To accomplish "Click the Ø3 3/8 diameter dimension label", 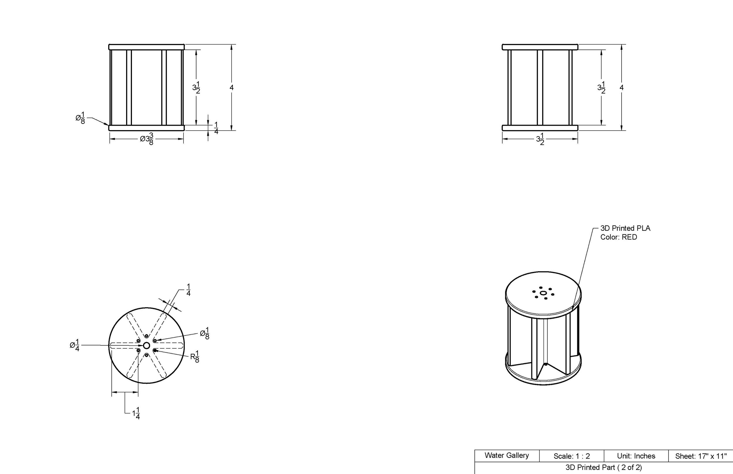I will click(x=147, y=139).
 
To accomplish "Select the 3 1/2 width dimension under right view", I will click(x=540, y=139).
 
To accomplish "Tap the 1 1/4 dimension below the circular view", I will click(x=136, y=413).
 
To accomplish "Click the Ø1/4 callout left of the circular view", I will click(x=75, y=345).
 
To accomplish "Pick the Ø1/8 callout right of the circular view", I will click(x=204, y=333).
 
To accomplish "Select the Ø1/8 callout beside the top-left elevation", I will click(x=80, y=118).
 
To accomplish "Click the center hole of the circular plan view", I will click(x=147, y=345).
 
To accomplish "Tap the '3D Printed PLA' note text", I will click(x=625, y=229).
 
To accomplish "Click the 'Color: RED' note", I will click(x=618, y=237).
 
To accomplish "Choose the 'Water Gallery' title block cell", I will click(x=507, y=456).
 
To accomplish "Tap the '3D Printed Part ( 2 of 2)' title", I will click(x=604, y=468).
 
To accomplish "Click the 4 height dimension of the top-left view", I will click(x=232, y=88).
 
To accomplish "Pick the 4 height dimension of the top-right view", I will click(x=622, y=88).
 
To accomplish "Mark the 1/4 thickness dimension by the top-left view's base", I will click(x=216, y=128).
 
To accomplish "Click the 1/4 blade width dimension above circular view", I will click(x=189, y=290).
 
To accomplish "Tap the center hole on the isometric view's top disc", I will click(x=543, y=293).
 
